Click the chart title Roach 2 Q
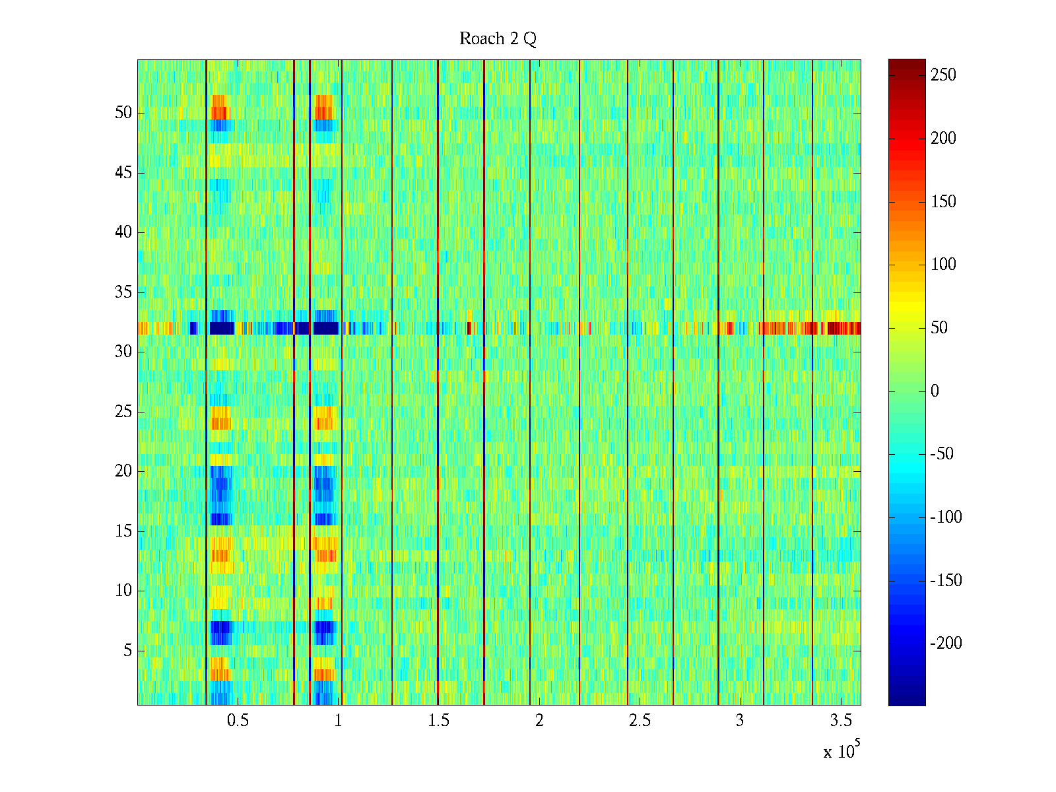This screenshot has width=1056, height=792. (498, 39)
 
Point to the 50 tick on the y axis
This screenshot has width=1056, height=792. (123, 113)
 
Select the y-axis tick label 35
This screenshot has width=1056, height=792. (123, 292)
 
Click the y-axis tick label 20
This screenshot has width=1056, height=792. (123, 471)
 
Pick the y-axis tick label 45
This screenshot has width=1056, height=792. (123, 173)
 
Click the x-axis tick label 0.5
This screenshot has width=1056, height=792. (238, 721)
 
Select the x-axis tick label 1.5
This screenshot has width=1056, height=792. (438, 721)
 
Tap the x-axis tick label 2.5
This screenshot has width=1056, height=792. (639, 721)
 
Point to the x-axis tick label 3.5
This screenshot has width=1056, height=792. (840, 721)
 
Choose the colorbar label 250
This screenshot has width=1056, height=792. (943, 75)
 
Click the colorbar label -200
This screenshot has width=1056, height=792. (946, 643)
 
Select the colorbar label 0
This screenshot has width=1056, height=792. (935, 391)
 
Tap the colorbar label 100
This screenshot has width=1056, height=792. (943, 265)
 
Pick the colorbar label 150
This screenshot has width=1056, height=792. (943, 202)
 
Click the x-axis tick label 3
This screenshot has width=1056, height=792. (739, 721)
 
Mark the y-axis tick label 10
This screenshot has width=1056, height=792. (123, 591)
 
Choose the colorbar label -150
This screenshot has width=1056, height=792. (946, 581)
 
